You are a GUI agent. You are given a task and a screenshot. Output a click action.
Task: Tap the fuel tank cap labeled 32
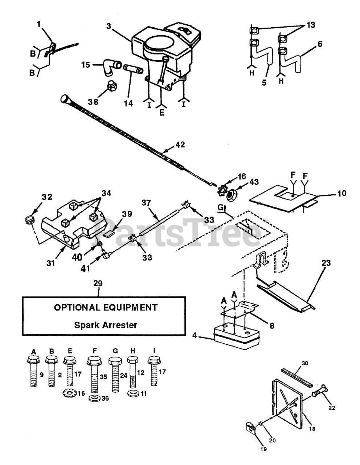tap(28, 219)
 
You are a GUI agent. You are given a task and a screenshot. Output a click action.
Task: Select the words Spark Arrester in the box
tap(106, 324)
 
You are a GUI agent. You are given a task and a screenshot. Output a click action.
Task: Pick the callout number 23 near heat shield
tap(326, 262)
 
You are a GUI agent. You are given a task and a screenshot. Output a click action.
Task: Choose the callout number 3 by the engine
tap(108, 26)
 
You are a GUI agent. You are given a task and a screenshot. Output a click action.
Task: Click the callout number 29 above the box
tap(98, 283)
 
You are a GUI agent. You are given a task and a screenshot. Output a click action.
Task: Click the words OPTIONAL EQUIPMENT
tap(106, 307)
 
